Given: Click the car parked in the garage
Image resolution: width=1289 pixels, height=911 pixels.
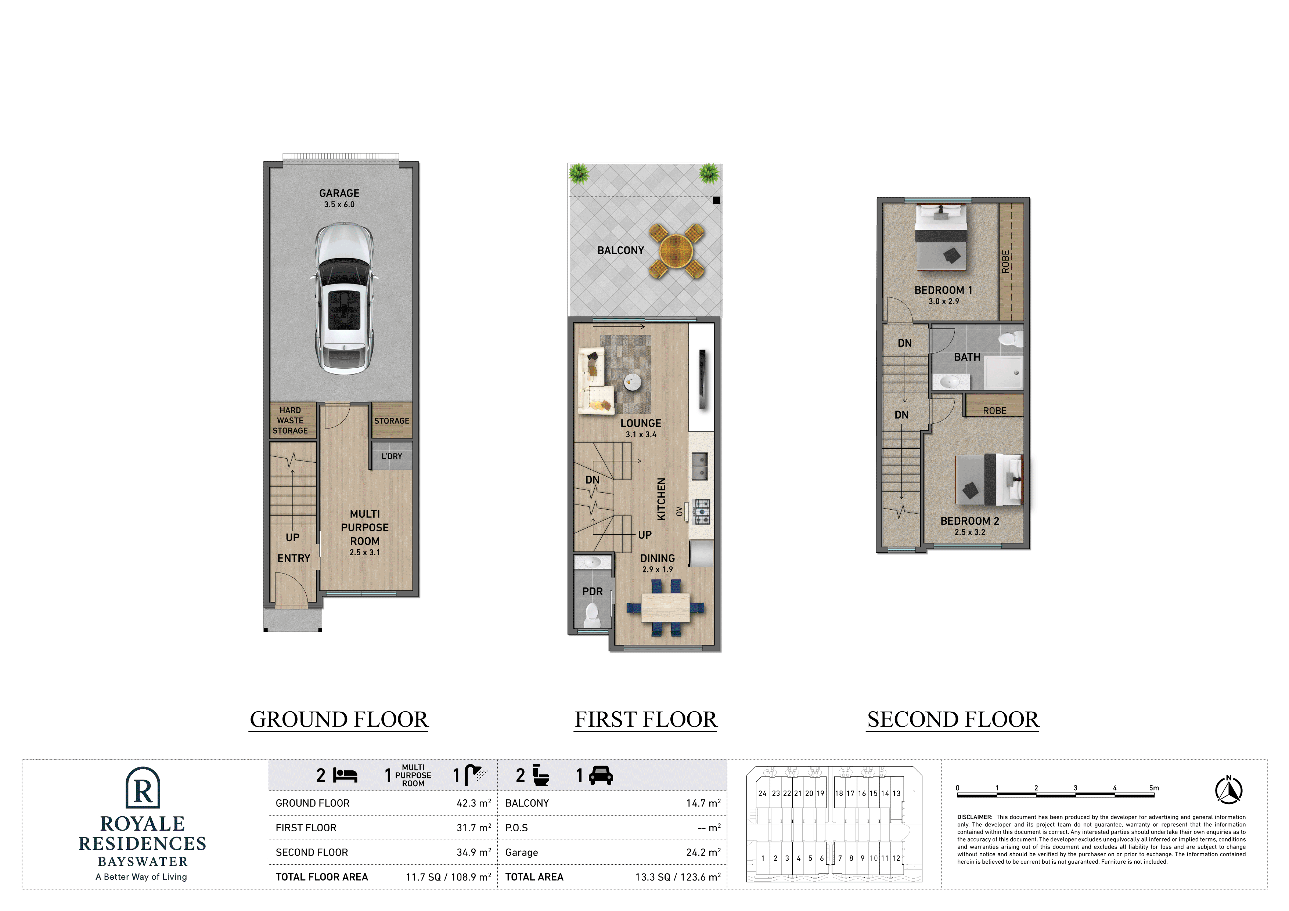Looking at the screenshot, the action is point(343,299).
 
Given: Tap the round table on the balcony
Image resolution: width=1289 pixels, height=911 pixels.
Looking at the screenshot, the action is point(677,251).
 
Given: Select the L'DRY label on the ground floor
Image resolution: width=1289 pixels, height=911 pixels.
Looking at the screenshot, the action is point(392,456).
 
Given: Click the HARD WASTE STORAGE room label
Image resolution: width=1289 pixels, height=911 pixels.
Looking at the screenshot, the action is point(290,420).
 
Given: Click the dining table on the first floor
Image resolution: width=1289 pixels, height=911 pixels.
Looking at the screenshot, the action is point(665,607).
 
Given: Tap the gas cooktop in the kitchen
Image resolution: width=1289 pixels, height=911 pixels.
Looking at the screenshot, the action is point(701,511).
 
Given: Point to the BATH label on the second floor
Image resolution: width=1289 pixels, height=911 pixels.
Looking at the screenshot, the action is point(967,357).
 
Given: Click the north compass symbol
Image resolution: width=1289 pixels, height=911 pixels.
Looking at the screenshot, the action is point(1228,790).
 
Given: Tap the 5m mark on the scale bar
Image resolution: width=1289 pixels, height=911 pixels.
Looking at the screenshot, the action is point(1154,788).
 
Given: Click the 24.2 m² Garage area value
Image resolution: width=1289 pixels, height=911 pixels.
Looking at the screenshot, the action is point(703,853).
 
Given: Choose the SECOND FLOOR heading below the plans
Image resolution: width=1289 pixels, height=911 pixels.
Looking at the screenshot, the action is point(953,720).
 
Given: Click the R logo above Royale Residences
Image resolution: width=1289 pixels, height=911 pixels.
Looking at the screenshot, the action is point(143,788).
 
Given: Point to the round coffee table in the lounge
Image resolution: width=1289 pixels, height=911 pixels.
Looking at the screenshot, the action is point(633,382).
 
